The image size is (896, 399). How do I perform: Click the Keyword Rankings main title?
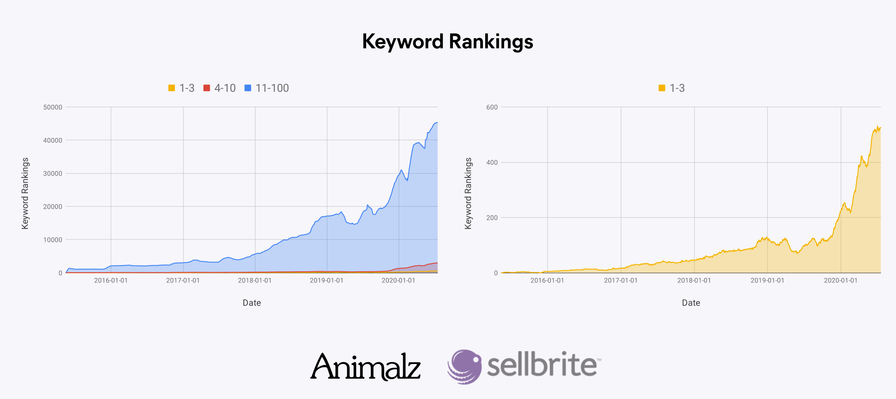click(448, 42)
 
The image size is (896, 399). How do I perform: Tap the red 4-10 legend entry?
click(220, 88)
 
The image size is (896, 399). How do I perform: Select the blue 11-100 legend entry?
click(267, 88)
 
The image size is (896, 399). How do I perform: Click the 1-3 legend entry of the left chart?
click(182, 88)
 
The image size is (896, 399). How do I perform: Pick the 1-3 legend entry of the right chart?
click(672, 88)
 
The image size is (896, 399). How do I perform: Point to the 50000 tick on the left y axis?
click(53, 107)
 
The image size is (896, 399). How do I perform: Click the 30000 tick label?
click(53, 173)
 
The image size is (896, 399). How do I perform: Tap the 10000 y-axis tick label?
click(53, 240)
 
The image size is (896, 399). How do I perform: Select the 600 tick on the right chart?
click(492, 107)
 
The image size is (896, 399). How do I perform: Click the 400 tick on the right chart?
click(492, 162)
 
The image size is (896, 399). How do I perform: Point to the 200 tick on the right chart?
click(492, 218)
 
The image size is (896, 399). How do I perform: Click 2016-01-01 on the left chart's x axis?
click(111, 280)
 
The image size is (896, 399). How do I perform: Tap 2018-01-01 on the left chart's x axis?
click(255, 280)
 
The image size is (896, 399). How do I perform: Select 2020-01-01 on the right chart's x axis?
click(840, 280)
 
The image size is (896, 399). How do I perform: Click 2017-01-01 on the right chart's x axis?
click(621, 280)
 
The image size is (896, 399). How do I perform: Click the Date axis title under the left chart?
click(251, 303)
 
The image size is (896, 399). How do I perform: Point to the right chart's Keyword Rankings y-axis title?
click(468, 193)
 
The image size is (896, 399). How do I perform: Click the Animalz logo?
click(366, 367)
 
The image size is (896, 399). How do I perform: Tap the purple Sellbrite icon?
click(464, 367)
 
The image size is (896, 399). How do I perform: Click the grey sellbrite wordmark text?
click(542, 365)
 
